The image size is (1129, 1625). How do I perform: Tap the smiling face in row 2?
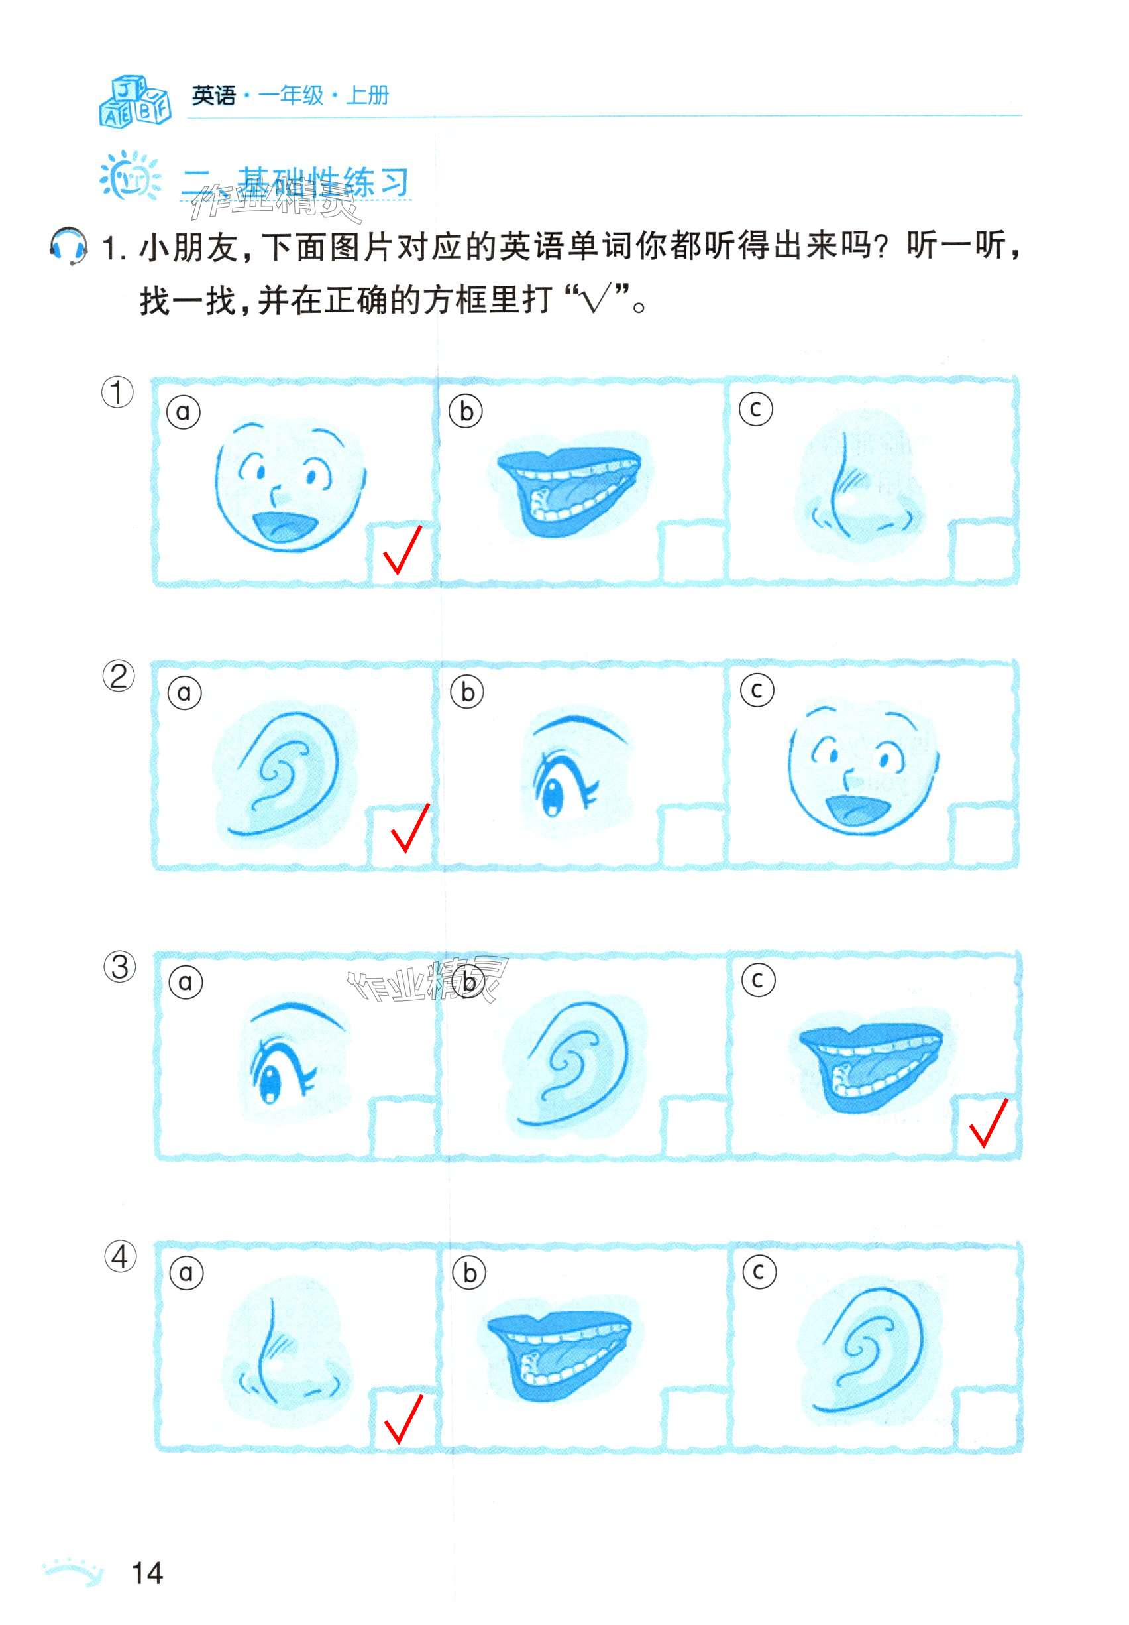point(863,768)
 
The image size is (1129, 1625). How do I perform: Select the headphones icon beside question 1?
point(69,245)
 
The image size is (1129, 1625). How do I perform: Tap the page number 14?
point(147,1573)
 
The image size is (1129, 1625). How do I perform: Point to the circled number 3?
point(119,967)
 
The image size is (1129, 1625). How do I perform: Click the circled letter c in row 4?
point(759,1272)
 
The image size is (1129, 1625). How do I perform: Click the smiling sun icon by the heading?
point(129,176)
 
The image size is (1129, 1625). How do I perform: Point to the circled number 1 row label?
point(117,392)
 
